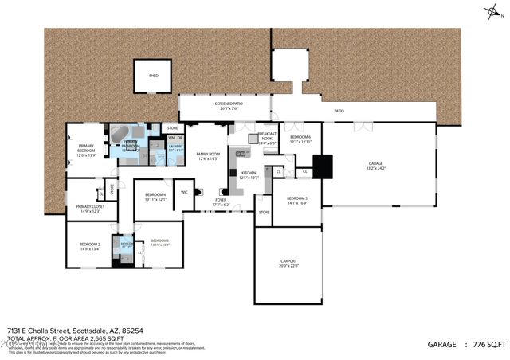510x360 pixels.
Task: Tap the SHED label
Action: pos(154,76)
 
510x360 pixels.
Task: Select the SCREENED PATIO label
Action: pos(229,106)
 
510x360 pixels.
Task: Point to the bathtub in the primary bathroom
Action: pos(120,135)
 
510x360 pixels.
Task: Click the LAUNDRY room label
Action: pos(175,147)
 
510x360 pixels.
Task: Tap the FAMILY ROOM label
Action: pos(208,155)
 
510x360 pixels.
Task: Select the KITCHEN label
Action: pos(249,174)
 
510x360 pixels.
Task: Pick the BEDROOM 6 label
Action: pos(300,139)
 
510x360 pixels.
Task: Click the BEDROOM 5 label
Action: pos(297,200)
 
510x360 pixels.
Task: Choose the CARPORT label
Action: pos(288,263)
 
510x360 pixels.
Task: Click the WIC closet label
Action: pos(184,192)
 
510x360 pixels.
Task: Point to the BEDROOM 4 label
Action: pos(155,197)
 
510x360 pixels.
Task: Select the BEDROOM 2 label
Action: pos(88,246)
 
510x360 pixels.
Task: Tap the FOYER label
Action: pos(221,202)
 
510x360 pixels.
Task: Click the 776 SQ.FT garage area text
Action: pos(486,344)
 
